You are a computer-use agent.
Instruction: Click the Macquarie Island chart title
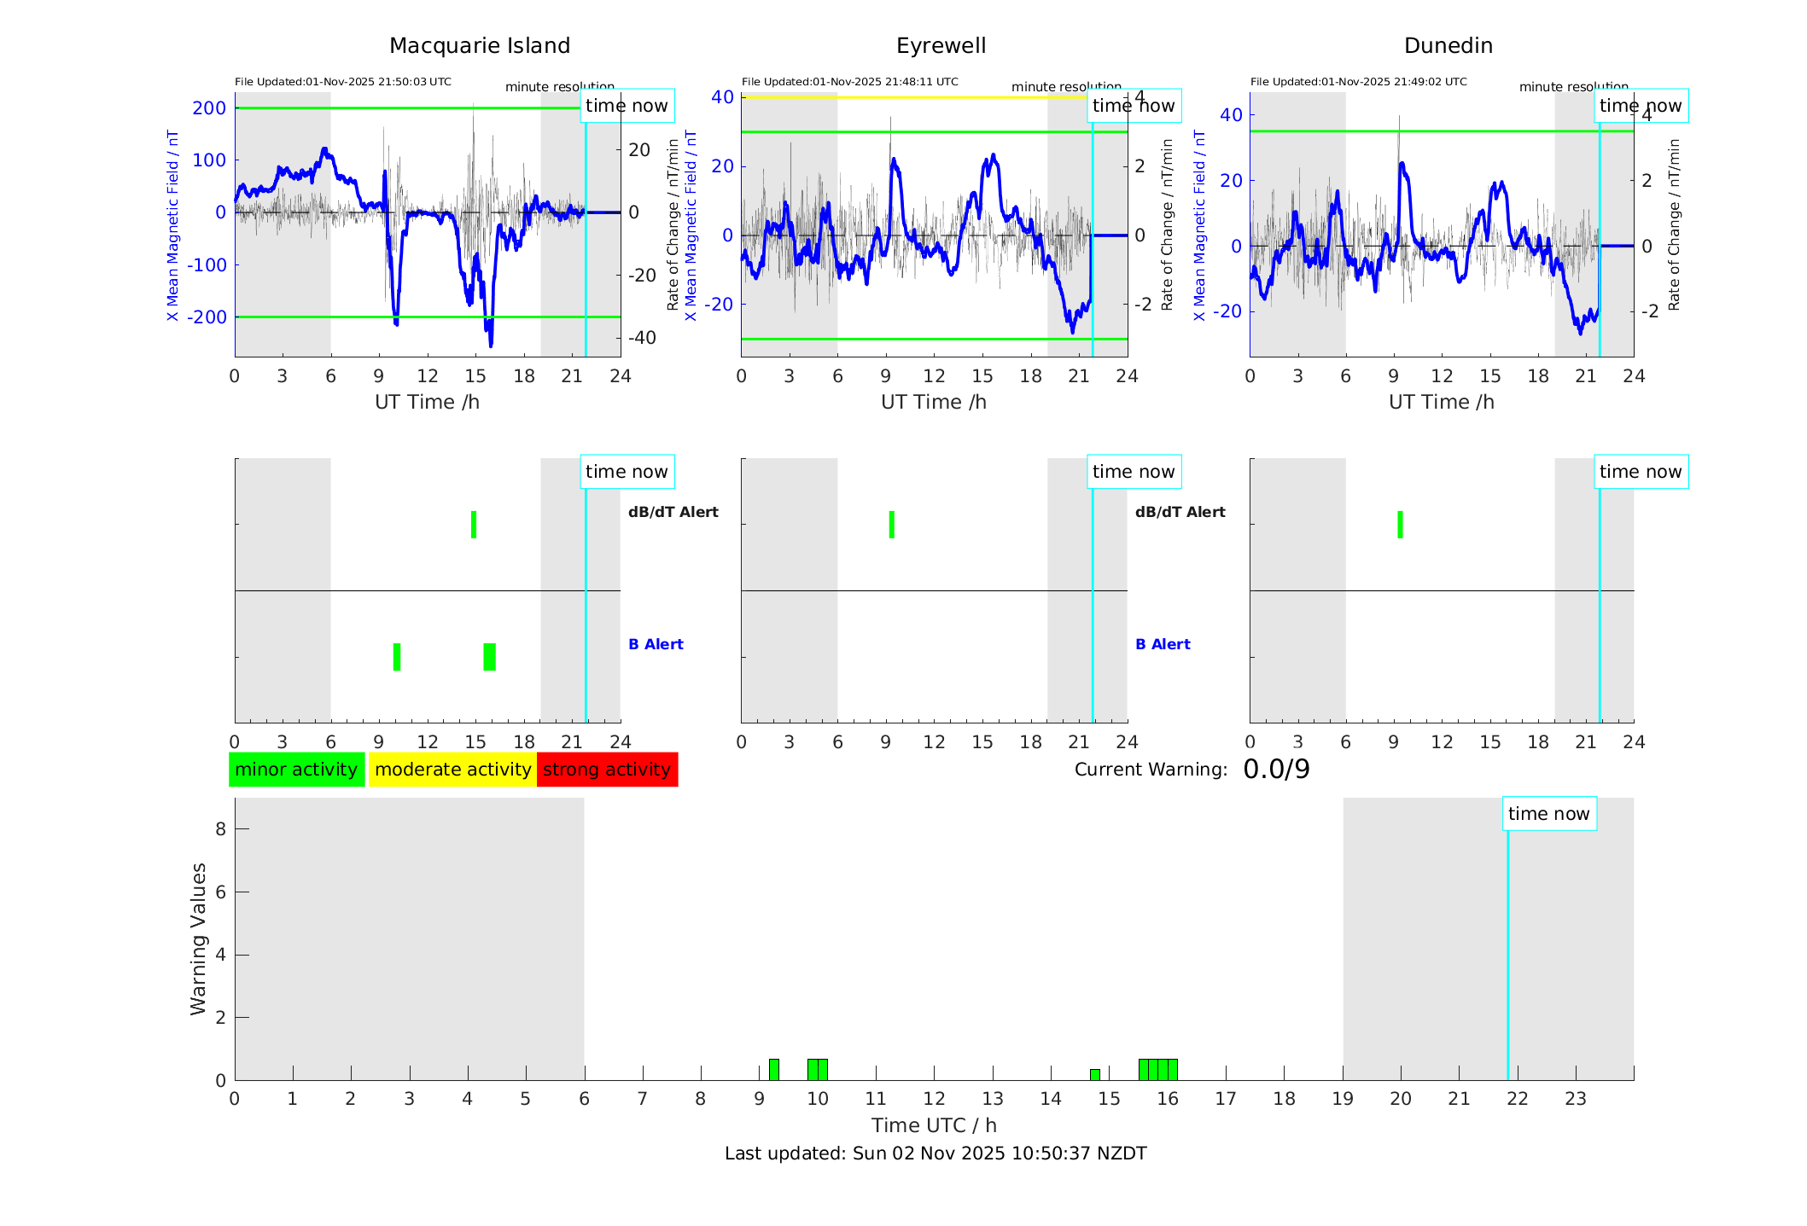tap(479, 46)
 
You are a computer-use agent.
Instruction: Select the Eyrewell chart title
tap(941, 46)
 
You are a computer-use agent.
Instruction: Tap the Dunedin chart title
tap(1448, 46)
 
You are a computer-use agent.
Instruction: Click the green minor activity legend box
tap(296, 770)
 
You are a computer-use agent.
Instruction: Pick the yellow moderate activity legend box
tap(452, 770)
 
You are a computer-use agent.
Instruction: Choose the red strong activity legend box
tap(607, 770)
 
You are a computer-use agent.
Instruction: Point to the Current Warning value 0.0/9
tap(1276, 770)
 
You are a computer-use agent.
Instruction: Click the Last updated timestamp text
tap(936, 1153)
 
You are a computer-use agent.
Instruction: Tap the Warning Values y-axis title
tap(199, 938)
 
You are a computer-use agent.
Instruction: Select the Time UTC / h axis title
tap(934, 1125)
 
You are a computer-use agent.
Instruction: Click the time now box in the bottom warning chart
tap(1548, 814)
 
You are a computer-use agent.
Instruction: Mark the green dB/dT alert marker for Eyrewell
tap(891, 525)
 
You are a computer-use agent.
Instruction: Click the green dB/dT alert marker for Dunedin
tap(1400, 525)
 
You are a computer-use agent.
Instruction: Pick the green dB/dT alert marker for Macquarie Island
tap(474, 525)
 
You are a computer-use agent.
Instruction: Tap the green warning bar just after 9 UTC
tap(773, 1070)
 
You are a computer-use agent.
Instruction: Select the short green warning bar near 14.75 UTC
tap(1094, 1074)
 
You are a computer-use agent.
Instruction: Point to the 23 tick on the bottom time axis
tap(1575, 1099)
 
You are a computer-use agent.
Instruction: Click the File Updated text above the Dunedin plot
tap(1358, 82)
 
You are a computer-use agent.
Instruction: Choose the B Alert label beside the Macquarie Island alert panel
tap(656, 644)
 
